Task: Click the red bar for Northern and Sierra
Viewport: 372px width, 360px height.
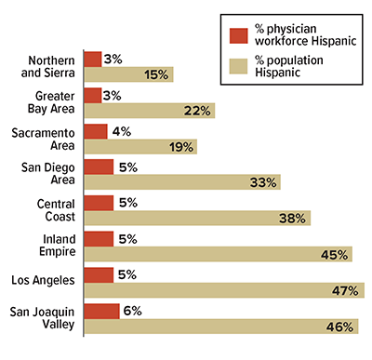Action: (x=92, y=59)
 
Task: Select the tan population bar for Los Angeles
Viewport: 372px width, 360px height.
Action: (x=223, y=290)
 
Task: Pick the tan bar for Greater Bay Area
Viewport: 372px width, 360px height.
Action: (x=149, y=110)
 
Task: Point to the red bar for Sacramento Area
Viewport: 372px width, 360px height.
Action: (x=95, y=131)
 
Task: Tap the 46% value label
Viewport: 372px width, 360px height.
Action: (x=342, y=327)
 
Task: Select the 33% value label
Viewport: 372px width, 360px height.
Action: (x=264, y=182)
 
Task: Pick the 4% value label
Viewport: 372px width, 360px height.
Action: (x=121, y=131)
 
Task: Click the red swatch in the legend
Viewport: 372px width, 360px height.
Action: (x=238, y=36)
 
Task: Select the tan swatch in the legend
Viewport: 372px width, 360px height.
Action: (x=238, y=65)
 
